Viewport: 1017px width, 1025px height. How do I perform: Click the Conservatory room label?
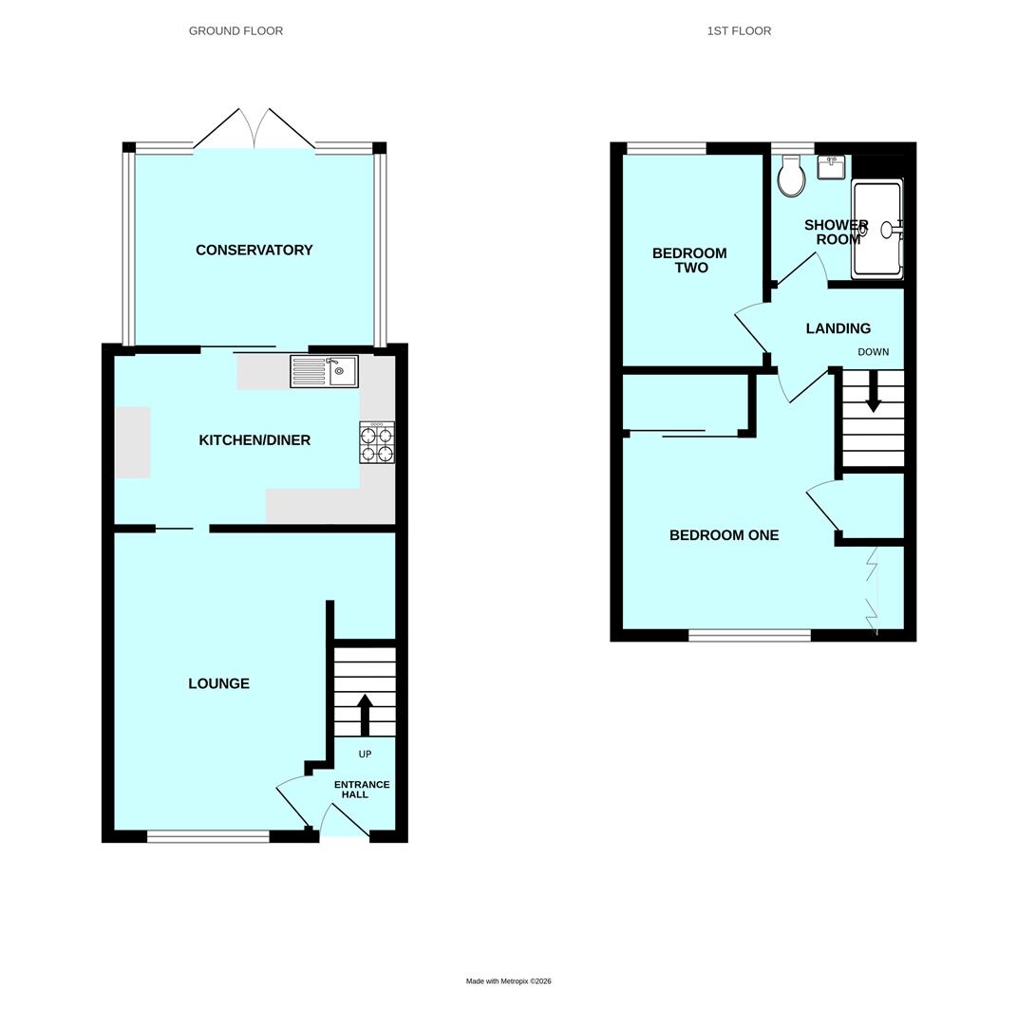tap(254, 250)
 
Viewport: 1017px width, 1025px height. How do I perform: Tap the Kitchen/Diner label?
tap(254, 440)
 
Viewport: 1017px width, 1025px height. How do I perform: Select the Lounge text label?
tap(218, 683)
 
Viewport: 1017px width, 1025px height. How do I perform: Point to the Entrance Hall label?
tap(361, 789)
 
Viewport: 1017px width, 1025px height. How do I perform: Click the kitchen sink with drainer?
tap(324, 371)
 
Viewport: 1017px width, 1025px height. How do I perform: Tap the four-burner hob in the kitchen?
tap(377, 442)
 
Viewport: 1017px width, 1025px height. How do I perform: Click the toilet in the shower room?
tap(792, 176)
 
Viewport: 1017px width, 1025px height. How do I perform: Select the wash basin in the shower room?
tap(831, 167)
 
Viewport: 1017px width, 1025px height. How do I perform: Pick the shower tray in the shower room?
tap(877, 229)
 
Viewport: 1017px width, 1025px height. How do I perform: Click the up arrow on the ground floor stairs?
tap(365, 716)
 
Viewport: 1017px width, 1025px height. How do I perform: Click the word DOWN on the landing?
tap(873, 352)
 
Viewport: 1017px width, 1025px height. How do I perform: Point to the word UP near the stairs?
tap(365, 754)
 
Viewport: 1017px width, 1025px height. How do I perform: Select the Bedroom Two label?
tap(690, 260)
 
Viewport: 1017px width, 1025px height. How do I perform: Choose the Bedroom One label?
tap(724, 534)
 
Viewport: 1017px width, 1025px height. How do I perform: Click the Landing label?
tap(838, 328)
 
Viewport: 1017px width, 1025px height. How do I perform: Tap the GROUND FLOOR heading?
tap(235, 30)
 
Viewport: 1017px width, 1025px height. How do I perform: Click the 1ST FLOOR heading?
tap(739, 30)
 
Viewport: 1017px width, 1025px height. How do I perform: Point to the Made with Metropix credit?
tap(508, 981)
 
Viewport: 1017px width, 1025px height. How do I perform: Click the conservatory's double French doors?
tap(254, 129)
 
